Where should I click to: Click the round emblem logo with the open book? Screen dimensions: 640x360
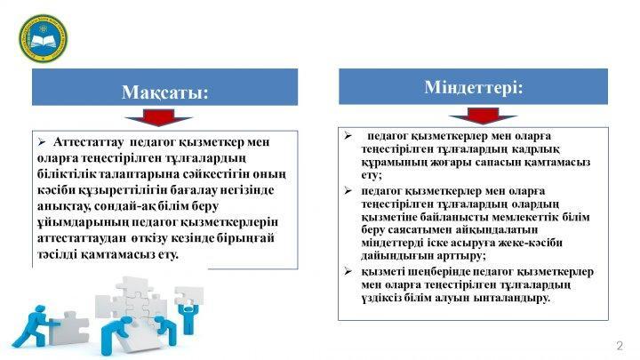click(x=43, y=38)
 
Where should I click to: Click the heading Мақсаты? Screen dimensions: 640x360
click(x=165, y=92)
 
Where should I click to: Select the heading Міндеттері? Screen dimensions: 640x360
click(x=474, y=87)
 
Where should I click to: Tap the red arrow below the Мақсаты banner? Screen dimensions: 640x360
click(x=158, y=117)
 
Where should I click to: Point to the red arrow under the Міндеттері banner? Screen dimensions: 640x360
click(x=483, y=116)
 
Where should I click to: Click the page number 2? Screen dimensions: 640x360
click(x=620, y=346)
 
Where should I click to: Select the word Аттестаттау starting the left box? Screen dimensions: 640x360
click(x=88, y=142)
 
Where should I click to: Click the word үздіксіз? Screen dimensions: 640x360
click(x=380, y=298)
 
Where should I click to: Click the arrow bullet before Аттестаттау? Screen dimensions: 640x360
click(x=42, y=142)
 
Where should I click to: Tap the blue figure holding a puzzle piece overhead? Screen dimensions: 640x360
click(x=188, y=309)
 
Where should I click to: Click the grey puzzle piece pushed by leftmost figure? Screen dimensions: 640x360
click(x=68, y=328)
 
